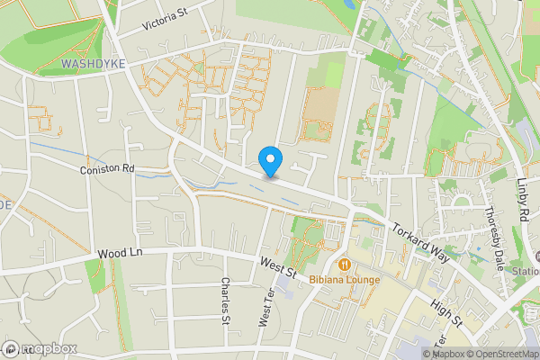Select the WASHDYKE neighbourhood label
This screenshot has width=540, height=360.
93,65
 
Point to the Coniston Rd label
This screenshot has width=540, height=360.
106,168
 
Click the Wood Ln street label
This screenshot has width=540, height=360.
122,255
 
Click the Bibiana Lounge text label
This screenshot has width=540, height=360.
345,279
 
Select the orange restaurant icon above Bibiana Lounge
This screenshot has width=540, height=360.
345,265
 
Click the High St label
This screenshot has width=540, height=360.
445,313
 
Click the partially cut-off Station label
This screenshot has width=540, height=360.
526,271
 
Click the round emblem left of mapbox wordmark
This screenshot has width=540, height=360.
11,349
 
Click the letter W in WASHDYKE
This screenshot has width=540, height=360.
68,65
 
